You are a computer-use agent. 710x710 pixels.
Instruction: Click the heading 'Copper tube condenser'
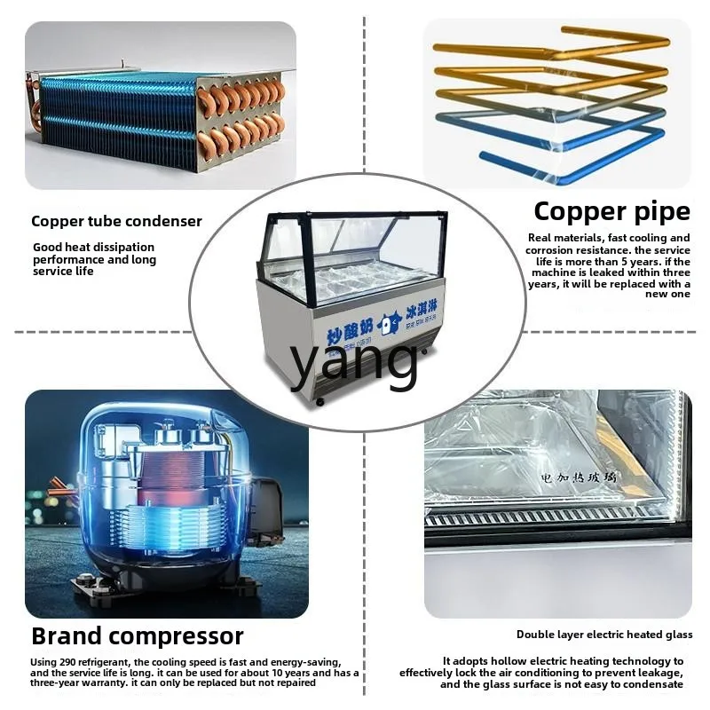coord(116,221)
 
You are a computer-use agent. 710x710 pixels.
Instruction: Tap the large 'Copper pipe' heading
coord(611,211)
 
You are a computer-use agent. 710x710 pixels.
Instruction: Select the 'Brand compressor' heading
coord(137,635)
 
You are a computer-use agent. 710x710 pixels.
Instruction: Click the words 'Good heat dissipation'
coord(93,247)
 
